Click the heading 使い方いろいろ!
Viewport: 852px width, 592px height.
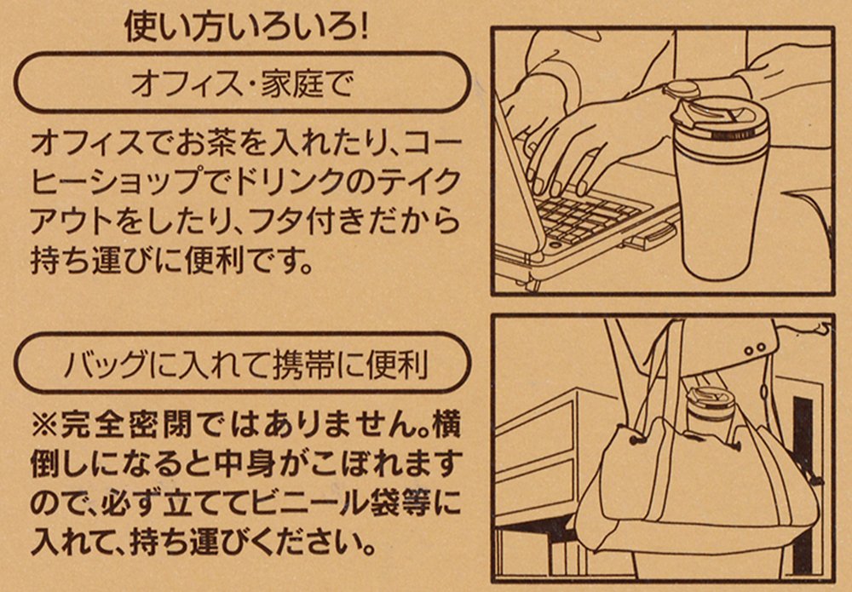tap(246, 26)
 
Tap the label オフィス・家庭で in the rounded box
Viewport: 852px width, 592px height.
tap(242, 84)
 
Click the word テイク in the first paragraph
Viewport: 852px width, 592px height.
tap(421, 182)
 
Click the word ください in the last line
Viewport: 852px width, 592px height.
tap(314, 542)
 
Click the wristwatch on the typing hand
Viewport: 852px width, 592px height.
tap(681, 90)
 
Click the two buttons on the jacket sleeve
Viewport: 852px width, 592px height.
tap(755, 348)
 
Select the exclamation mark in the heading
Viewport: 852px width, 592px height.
tap(362, 27)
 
